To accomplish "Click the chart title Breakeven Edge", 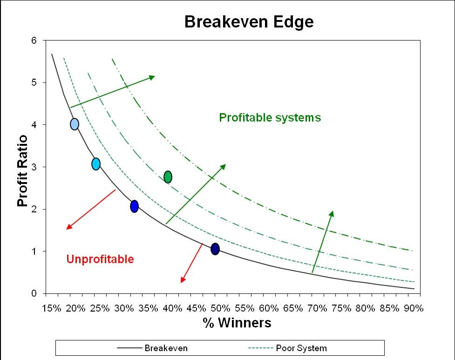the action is [249, 22].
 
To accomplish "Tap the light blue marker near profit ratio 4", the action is [75, 124].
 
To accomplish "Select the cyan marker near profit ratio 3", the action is [96, 164].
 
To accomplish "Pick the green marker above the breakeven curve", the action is [168, 177].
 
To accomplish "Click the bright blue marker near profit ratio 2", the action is [134, 206].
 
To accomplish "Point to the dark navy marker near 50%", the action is [215, 249].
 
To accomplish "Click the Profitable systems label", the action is [270, 117].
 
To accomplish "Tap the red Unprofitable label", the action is [100, 259].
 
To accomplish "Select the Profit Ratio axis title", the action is [22, 170].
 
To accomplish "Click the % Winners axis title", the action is [237, 323].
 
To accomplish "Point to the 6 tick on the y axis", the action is [34, 41].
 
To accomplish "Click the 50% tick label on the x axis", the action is [221, 308].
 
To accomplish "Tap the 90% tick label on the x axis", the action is [414, 308].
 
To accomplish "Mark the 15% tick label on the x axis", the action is [52, 308].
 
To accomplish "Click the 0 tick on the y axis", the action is [34, 293].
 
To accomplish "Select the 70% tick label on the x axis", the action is [317, 308].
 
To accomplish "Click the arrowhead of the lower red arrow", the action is [183, 279].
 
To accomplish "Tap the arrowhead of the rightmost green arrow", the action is [332, 214].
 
